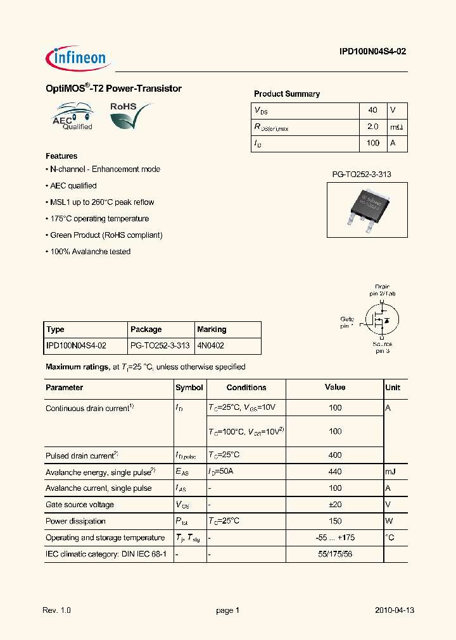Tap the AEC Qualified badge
click(x=73, y=117)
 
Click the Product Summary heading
click(x=287, y=94)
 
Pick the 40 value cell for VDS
click(x=372, y=110)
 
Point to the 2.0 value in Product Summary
click(x=372, y=126)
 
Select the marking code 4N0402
click(x=211, y=346)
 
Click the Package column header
click(x=146, y=329)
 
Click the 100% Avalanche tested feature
click(x=89, y=252)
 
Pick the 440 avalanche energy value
click(x=335, y=472)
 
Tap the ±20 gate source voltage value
click(x=335, y=505)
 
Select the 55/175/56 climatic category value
click(x=335, y=554)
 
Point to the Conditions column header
click(x=246, y=388)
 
